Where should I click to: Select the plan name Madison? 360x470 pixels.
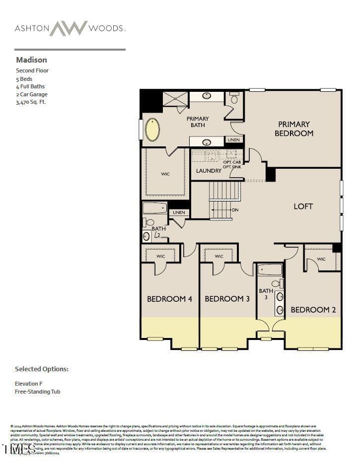31,60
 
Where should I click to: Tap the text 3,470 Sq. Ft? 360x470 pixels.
31,102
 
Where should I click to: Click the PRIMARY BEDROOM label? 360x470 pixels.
294,129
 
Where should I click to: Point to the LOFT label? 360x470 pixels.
303,206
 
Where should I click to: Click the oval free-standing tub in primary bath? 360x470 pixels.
152,130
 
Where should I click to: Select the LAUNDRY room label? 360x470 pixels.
209,171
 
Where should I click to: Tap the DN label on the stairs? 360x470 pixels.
235,210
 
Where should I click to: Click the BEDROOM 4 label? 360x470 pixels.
169,299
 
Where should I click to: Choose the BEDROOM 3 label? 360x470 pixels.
227,299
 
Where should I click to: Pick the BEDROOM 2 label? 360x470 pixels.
313,310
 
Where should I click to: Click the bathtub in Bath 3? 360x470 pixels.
270,270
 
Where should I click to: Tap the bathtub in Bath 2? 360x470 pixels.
155,208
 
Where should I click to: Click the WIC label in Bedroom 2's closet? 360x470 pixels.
321,259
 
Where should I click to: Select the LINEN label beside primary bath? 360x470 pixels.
233,140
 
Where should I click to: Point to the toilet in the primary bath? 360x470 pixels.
234,99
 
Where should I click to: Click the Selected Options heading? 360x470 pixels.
42,369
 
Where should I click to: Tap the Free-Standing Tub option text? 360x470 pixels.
38,392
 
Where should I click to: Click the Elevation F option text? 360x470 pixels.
29,384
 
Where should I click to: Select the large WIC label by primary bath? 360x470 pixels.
165,174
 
